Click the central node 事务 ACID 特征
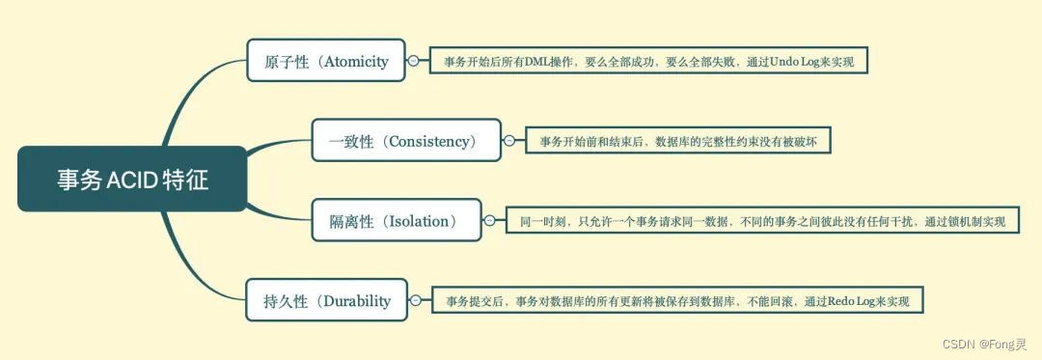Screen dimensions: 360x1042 click(x=132, y=180)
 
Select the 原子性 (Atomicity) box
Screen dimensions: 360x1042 click(x=326, y=62)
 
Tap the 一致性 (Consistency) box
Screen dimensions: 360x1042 click(x=406, y=142)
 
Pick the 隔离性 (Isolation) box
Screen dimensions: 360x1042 click(x=397, y=221)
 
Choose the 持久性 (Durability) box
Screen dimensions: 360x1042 click(x=327, y=300)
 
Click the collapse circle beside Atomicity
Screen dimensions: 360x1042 click(x=414, y=61)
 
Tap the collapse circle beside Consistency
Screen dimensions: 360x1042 click(x=508, y=142)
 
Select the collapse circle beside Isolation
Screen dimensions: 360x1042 click(x=488, y=221)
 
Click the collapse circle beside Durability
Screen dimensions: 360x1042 click(x=415, y=301)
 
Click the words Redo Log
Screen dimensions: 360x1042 click(x=853, y=302)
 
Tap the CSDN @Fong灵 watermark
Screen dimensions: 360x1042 click(x=984, y=343)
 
